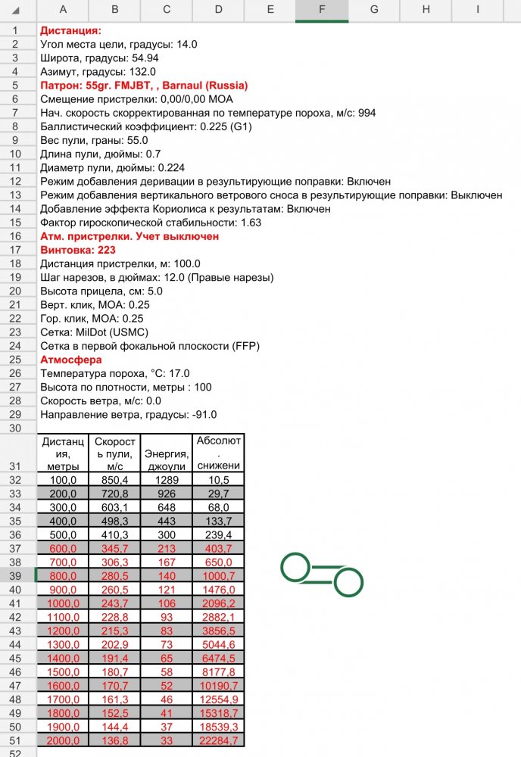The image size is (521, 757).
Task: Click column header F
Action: pos(322,11)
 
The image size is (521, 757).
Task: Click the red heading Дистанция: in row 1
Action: pos(70,31)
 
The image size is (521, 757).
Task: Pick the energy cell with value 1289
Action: pos(166,480)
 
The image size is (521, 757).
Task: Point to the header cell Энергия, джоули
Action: pos(166,453)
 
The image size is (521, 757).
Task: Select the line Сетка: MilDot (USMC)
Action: pos(94,332)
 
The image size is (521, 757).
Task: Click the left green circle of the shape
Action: pos(295,567)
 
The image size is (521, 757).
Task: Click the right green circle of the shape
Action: pos(348,583)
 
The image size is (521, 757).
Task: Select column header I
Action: pos(478,11)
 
